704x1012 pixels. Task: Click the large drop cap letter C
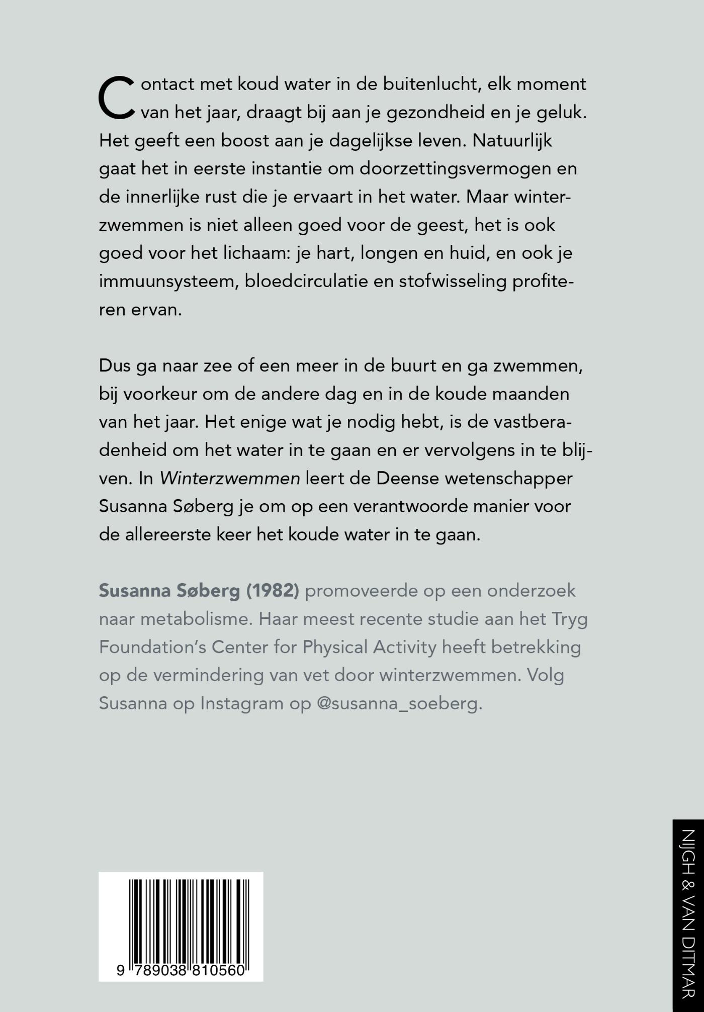point(117,98)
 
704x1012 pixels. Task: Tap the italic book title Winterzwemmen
point(230,478)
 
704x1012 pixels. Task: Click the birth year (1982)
point(273,591)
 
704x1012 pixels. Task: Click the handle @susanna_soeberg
point(399,703)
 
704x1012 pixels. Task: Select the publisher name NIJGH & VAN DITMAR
point(688,915)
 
